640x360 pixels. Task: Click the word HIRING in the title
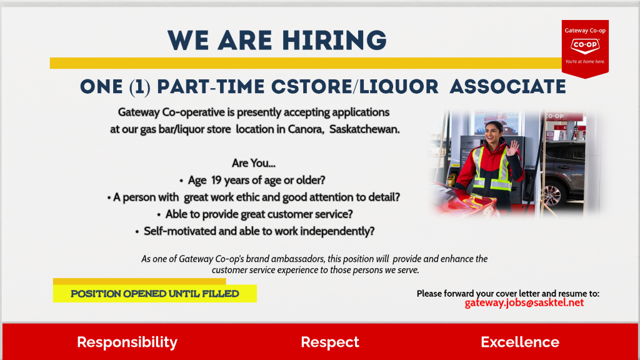334,41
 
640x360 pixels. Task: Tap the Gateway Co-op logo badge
585,49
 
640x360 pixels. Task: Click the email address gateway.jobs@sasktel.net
524,303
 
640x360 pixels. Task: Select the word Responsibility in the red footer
127,342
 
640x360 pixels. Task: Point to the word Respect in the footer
330,342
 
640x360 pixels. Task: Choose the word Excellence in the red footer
520,342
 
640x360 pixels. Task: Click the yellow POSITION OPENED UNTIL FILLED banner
155,294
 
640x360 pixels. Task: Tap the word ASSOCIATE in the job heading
507,87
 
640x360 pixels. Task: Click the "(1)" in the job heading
139,87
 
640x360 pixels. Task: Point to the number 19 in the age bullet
216,180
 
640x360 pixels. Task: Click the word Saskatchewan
364,129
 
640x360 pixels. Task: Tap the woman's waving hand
512,146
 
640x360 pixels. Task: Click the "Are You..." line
254,163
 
